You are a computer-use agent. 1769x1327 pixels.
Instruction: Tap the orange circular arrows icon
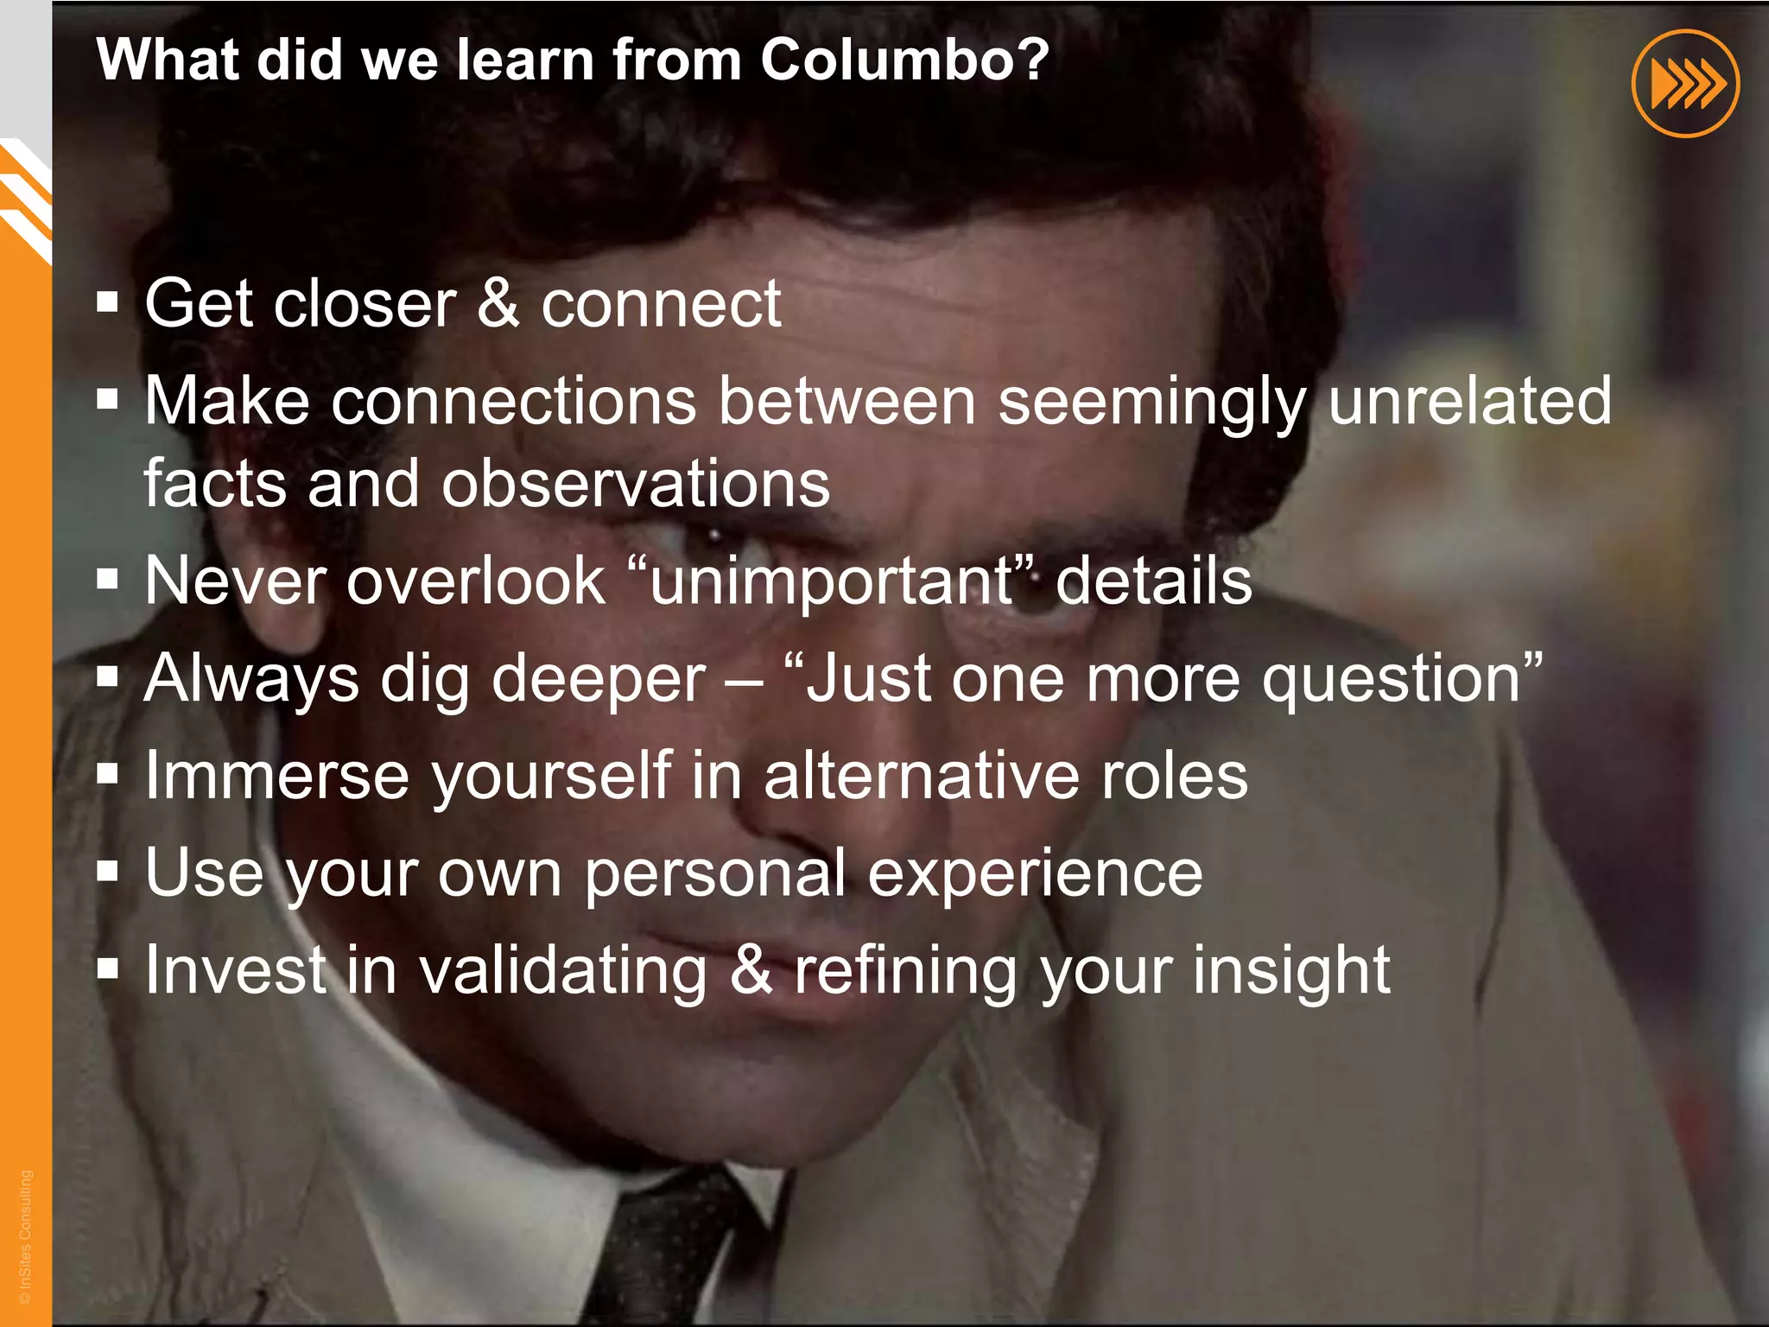pos(1685,84)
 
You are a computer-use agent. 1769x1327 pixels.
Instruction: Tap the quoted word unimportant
pos(831,581)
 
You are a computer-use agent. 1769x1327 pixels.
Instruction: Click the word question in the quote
pos(1392,679)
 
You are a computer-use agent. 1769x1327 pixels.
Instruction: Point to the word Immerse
pos(276,775)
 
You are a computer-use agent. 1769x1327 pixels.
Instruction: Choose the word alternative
pos(921,775)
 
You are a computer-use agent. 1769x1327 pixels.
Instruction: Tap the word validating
pos(563,970)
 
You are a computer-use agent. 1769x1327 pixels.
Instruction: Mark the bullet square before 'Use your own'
pos(107,872)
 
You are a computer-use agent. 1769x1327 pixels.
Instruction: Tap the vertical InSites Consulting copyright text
pos(26,1236)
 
